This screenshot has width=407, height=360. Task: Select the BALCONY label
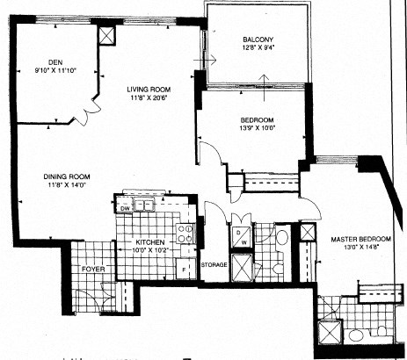click(259, 40)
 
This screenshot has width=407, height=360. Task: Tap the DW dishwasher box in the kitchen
click(125, 209)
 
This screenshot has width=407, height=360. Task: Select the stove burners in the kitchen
click(185, 233)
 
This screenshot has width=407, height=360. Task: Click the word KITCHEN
click(150, 241)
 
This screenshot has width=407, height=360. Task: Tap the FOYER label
click(91, 269)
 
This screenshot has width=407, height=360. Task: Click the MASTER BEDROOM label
click(360, 240)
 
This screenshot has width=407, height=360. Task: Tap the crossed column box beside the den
click(107, 36)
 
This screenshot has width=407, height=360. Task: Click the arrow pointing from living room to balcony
click(209, 60)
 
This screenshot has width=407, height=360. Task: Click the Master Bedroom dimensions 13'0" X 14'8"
click(361, 249)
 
